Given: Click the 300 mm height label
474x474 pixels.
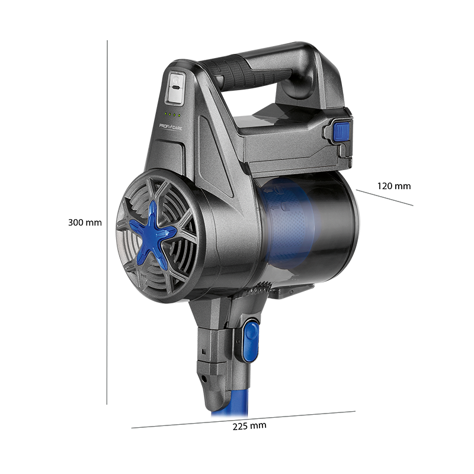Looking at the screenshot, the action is click(85, 223).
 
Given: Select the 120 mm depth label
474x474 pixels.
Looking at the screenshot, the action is click(394, 186).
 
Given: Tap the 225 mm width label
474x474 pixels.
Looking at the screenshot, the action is click(249, 426).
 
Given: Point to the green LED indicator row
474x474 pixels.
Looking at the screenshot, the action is click(172, 114).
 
